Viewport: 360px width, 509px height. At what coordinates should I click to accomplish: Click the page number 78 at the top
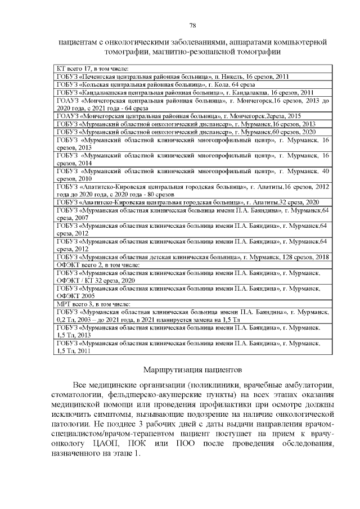[x=192, y=25]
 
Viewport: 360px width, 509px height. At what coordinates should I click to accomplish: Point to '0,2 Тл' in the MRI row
[x=65, y=319]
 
